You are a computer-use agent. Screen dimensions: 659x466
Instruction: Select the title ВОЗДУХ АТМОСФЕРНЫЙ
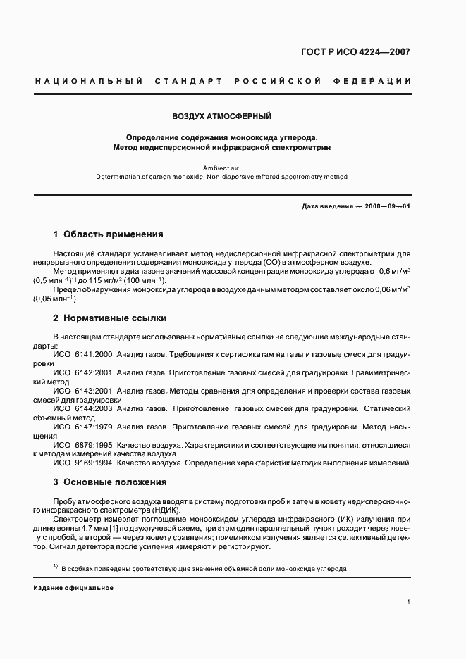tap(222, 115)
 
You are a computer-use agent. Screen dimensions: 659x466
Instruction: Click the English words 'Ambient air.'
tap(221, 168)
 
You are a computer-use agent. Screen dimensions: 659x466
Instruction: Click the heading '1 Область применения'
tap(108, 234)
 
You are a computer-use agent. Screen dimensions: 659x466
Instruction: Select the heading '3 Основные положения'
tap(110, 482)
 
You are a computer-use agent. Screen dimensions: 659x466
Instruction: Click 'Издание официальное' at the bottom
tap(73, 588)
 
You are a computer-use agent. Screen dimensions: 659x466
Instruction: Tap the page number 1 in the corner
tap(409, 603)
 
